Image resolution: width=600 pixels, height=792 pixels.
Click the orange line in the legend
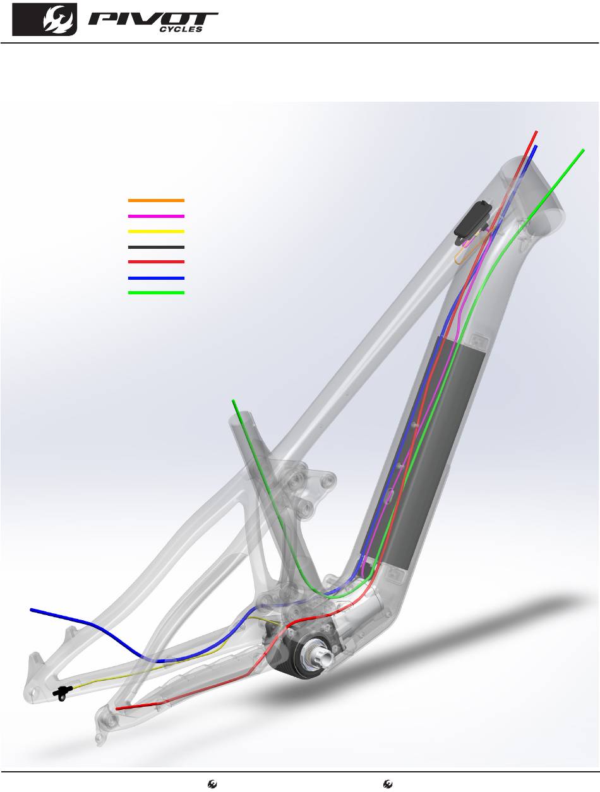(x=156, y=200)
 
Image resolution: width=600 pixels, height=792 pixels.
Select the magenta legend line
(x=156, y=216)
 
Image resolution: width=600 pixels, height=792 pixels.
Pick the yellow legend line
(x=156, y=231)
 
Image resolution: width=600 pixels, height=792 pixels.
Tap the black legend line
(x=156, y=247)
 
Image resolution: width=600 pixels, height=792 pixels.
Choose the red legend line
(x=156, y=261)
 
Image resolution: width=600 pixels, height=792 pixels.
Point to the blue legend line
(x=156, y=278)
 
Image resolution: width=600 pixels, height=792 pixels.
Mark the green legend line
(x=156, y=292)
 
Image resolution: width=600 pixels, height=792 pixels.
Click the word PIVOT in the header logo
(x=153, y=19)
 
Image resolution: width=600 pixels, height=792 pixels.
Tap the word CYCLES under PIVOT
(x=181, y=30)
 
